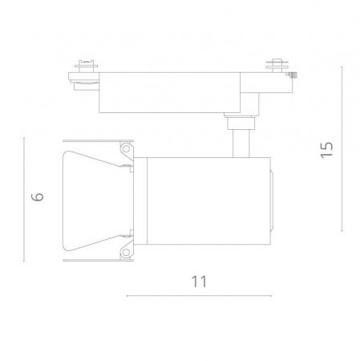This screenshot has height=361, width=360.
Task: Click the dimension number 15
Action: (x=326, y=150)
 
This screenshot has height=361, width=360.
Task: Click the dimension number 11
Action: (x=200, y=282)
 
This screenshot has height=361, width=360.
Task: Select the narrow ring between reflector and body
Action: (x=142, y=201)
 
